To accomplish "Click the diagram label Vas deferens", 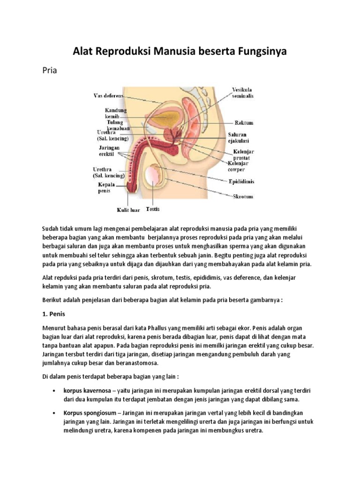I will [108, 96].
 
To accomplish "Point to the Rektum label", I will [244, 123].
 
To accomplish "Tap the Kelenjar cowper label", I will [239, 167].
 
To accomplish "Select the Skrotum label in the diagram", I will [243, 197].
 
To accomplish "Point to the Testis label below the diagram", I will [153, 209].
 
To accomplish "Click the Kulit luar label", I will [128, 210].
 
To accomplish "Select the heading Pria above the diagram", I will [49, 71].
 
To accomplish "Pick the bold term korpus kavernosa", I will [87, 390].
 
